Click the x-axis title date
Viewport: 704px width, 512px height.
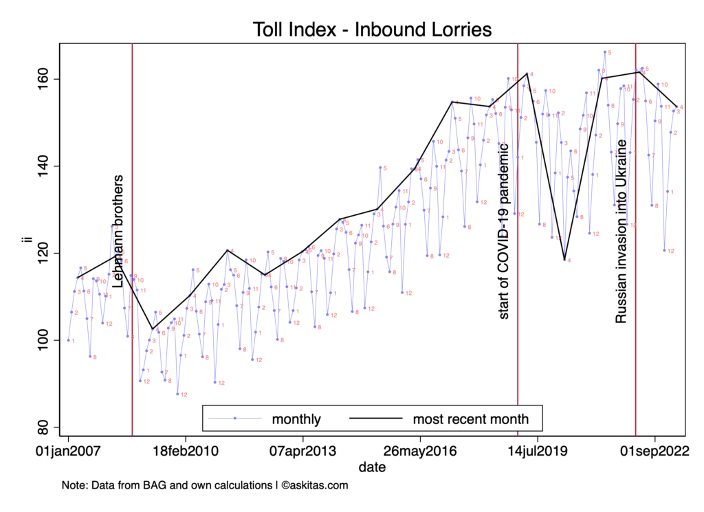(x=371, y=467)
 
